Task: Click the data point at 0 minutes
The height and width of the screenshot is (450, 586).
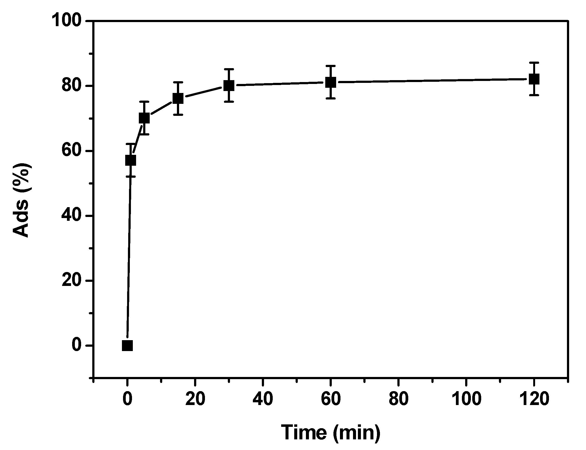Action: click(127, 345)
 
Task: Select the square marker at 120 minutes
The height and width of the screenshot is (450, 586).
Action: click(534, 79)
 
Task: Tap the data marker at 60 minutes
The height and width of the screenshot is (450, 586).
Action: click(331, 82)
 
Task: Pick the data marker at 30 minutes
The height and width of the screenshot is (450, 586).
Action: click(229, 86)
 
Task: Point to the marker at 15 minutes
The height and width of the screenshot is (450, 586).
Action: click(178, 98)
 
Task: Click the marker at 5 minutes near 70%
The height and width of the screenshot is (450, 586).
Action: click(144, 118)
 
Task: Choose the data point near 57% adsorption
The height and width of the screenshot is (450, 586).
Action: click(131, 160)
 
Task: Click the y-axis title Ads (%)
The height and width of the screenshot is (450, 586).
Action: click(22, 200)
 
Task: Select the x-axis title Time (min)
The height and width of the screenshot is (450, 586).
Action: click(330, 433)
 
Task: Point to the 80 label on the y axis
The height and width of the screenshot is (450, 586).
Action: click(73, 86)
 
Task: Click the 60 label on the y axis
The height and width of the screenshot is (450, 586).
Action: click(73, 151)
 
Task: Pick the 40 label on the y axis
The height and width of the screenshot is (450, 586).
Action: click(73, 216)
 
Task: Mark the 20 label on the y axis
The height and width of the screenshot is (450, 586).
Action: click(73, 280)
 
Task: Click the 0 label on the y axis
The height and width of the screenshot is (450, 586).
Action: click(78, 345)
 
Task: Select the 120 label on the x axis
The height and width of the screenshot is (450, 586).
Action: click(534, 399)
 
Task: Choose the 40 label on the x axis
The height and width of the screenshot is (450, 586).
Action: click(263, 399)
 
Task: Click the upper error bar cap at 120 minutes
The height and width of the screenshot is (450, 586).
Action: click(534, 63)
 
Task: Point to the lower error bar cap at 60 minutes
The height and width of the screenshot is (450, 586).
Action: click(331, 98)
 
